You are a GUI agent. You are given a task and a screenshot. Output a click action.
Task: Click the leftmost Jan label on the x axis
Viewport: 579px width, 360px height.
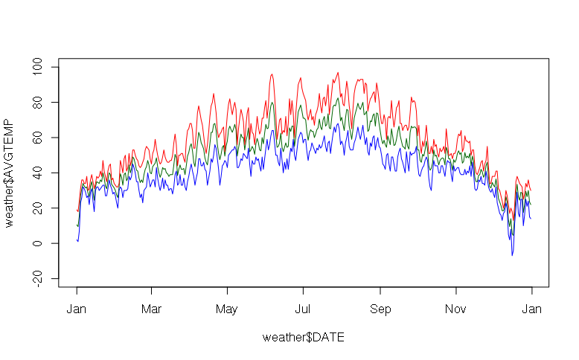coord(77,308)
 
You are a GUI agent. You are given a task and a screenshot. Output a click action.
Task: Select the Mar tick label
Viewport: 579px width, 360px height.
coord(151,308)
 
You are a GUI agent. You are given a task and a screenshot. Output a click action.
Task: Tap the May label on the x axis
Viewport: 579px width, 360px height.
coord(227,308)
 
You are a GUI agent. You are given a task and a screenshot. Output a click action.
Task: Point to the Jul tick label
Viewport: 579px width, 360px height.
coord(303,308)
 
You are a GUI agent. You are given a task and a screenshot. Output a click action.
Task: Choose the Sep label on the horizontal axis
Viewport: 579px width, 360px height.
coord(380,308)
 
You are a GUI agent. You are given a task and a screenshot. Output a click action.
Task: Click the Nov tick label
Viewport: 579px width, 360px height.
coord(456,308)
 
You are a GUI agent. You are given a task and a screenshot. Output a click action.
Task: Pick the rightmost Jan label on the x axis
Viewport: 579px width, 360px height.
coord(531,308)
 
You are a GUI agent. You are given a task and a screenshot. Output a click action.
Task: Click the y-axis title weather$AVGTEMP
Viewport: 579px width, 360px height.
coord(10,173)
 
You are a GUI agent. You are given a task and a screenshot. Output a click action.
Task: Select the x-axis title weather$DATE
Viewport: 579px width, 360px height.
coord(303,337)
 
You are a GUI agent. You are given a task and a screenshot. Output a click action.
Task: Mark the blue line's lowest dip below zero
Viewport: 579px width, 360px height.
coord(512,255)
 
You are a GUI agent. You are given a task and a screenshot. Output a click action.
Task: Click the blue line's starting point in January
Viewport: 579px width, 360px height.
coord(77,240)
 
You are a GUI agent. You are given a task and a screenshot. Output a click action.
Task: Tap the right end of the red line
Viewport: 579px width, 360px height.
coord(531,190)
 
